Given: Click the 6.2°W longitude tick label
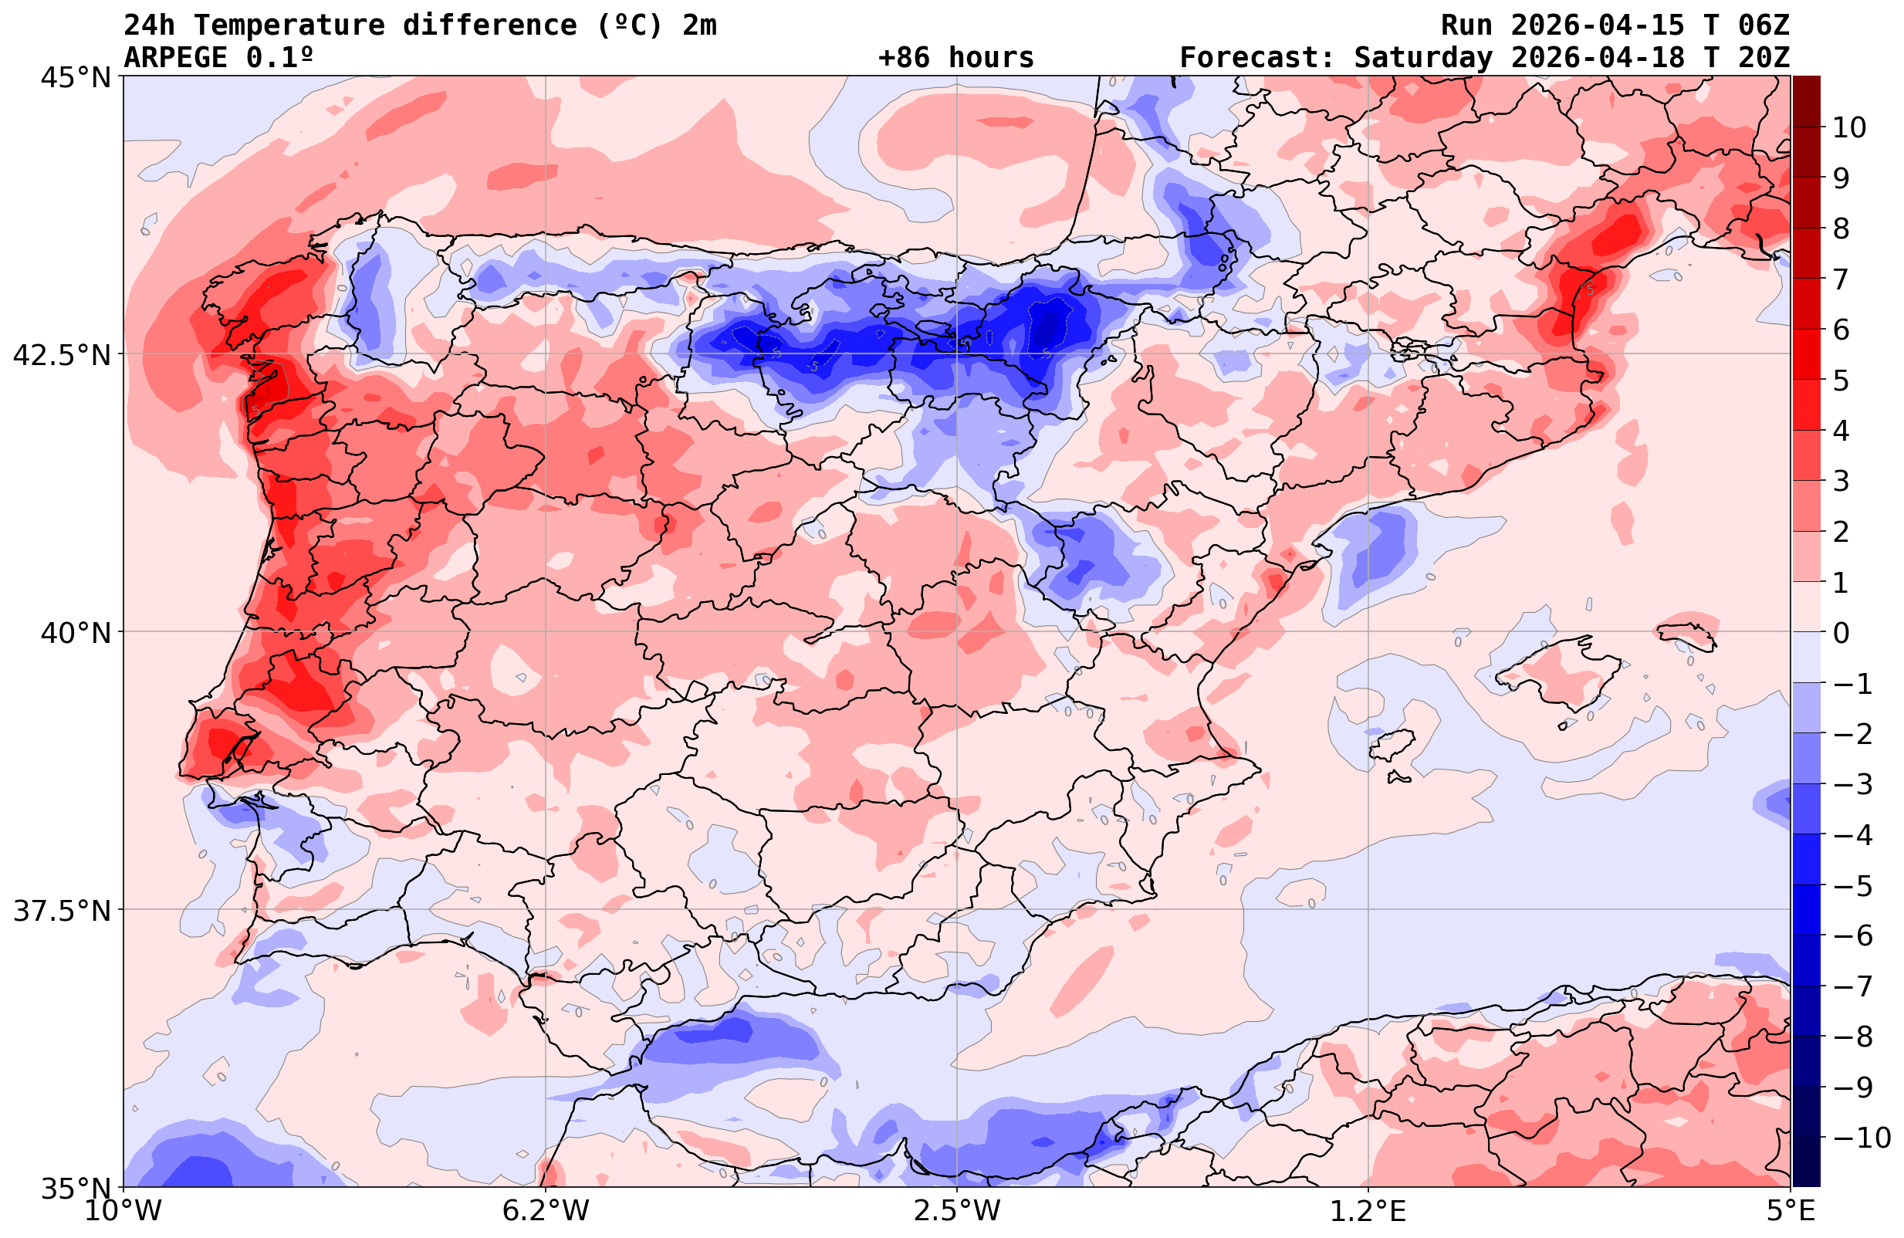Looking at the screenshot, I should click(546, 1211).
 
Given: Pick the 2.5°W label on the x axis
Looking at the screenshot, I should click(957, 1211).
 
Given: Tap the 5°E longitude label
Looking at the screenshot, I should click(1791, 1211).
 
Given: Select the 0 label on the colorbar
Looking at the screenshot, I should click(1841, 633).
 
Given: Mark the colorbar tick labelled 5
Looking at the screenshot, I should click(1841, 381).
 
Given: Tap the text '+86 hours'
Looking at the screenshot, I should click(956, 58).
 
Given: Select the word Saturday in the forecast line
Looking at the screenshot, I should click(1423, 58).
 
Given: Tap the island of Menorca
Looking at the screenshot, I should click(1688, 633).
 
